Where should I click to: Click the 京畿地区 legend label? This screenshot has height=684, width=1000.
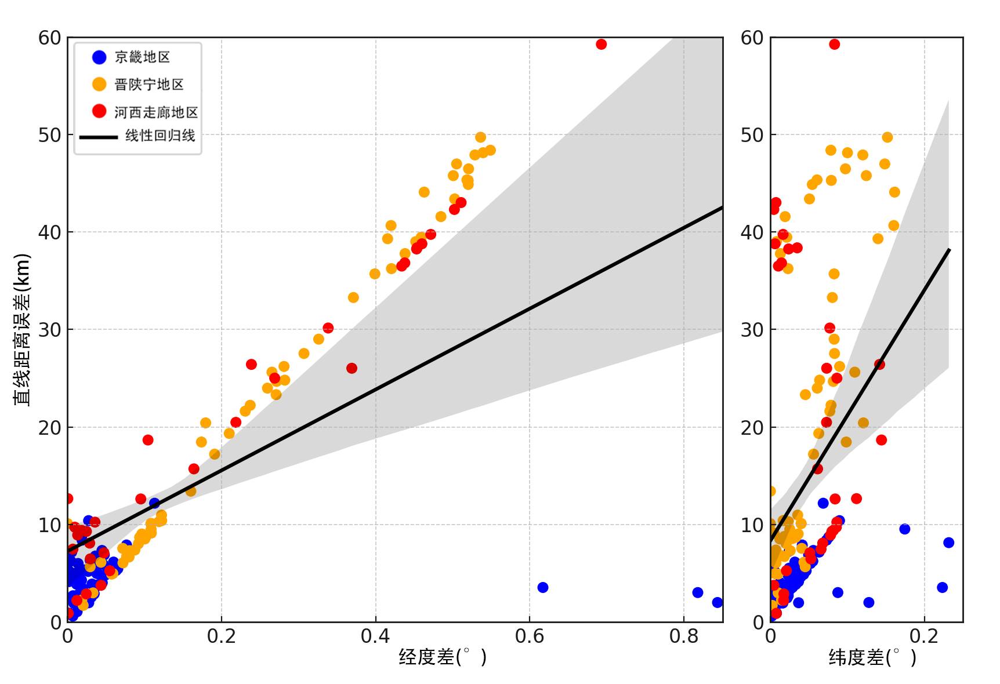[x=142, y=57]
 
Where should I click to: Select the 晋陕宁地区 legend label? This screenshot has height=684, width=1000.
[x=149, y=85]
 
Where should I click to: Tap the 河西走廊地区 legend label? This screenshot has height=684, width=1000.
[x=156, y=112]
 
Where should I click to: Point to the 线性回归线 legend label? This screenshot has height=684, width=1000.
[x=160, y=136]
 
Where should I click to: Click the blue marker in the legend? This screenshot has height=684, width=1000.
[x=99, y=57]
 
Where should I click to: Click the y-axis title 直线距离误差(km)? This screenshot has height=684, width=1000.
[x=22, y=329]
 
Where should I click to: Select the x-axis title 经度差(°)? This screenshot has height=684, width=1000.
[x=443, y=657]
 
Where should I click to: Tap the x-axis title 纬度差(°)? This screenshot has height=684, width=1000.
[x=872, y=657]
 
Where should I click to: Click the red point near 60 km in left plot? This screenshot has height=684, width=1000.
[x=601, y=44]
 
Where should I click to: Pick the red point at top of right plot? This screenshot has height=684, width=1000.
[x=834, y=44]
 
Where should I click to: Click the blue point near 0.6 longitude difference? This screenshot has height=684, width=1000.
[x=542, y=587]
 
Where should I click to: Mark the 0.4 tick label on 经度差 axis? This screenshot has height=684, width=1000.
[x=375, y=636]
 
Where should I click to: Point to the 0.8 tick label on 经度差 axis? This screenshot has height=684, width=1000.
[x=683, y=636]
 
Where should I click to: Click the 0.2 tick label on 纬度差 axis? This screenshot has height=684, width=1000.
[x=924, y=636]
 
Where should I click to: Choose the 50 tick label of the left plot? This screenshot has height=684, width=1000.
[x=50, y=135]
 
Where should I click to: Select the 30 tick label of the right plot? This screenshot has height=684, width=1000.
[x=752, y=330]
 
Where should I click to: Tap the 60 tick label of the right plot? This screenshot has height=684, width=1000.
[x=752, y=38]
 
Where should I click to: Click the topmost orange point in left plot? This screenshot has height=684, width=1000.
[x=480, y=137]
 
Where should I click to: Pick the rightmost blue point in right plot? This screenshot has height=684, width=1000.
[x=948, y=543]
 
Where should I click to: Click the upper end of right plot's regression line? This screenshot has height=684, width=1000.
[x=948, y=250]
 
